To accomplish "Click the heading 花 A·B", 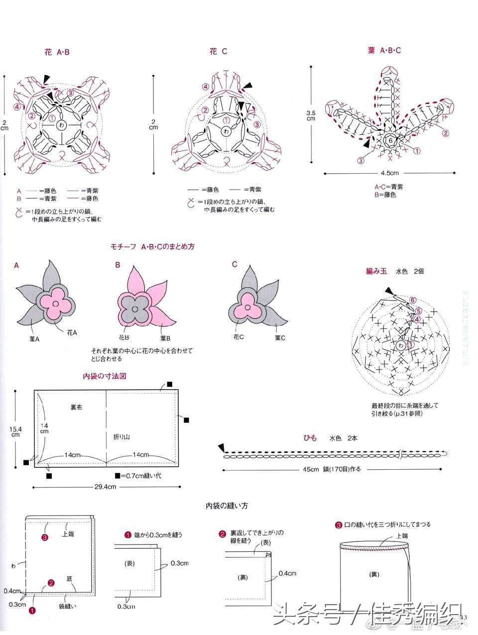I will (56, 52).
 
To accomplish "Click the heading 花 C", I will (218, 51).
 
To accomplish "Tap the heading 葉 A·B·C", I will (384, 51).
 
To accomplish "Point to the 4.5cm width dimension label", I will (389, 173).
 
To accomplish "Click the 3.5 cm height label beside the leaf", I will (311, 116).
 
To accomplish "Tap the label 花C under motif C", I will (239, 336).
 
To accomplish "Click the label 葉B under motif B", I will (166, 338).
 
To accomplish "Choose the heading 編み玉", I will (376, 272).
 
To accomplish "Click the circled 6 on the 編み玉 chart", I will (412, 300).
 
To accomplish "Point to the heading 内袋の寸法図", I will (104, 376).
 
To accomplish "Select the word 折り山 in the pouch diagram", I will (121, 436).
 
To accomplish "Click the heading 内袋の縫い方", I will (227, 506).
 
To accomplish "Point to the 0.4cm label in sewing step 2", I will (287, 573).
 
